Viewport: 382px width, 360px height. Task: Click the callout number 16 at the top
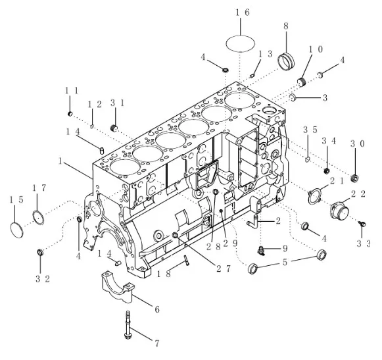point(243,13)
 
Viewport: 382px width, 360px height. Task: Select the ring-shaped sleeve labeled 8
point(286,60)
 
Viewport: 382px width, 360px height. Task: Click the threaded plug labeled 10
point(302,82)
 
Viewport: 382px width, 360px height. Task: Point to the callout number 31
point(118,103)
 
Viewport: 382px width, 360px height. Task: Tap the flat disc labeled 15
point(17,230)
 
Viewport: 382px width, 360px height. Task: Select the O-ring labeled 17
point(38,217)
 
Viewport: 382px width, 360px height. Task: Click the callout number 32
point(43,279)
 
